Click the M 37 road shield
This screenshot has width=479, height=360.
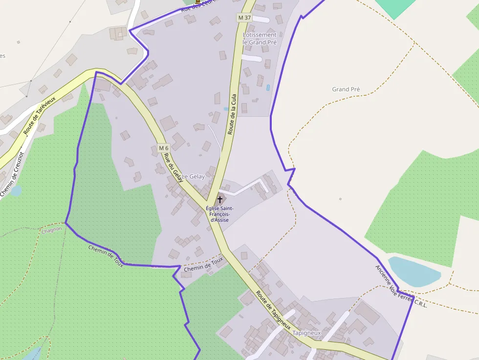click(244, 18)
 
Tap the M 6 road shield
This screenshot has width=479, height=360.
click(163, 148)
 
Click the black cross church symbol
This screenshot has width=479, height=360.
click(220, 200)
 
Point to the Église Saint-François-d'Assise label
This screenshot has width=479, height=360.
click(219, 214)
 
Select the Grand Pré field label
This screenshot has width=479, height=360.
click(346, 89)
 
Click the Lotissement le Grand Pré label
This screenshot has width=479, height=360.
click(260, 39)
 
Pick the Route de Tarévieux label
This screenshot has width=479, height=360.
click(40, 115)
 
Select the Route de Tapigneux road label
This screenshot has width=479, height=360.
click(274, 310)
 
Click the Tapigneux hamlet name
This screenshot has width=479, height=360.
click(306, 333)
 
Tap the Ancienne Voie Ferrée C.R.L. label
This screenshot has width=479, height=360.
click(401, 286)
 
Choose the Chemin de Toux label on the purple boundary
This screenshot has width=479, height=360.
click(106, 256)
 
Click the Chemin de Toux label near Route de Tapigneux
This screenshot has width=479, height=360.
click(203, 265)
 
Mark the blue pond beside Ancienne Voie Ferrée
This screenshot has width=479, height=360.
click(414, 272)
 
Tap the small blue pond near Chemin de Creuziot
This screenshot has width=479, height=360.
click(16, 191)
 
